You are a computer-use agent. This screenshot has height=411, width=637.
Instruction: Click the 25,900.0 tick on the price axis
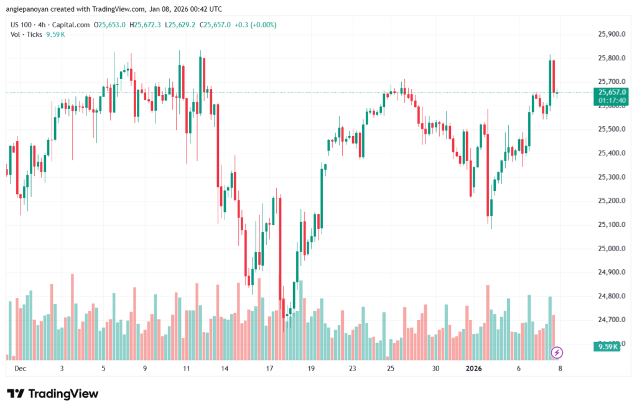click(610, 34)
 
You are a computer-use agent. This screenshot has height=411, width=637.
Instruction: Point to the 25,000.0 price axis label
click(610, 249)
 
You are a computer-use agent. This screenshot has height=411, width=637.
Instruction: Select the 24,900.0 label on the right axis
click(610, 272)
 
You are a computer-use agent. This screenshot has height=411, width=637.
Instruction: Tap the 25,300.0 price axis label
click(610, 177)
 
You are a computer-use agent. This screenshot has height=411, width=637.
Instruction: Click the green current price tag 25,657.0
click(611, 92)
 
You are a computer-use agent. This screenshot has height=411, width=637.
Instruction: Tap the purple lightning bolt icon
click(557, 353)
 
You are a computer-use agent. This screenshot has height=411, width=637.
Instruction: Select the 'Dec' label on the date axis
click(20, 368)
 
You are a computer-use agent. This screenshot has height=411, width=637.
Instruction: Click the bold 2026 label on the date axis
click(474, 368)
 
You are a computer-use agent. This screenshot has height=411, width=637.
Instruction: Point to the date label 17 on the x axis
click(270, 368)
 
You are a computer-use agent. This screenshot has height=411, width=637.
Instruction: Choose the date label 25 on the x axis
click(390, 368)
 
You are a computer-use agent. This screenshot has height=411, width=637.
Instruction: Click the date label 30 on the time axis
click(436, 368)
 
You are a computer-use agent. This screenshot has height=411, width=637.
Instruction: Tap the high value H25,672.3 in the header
click(147, 25)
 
